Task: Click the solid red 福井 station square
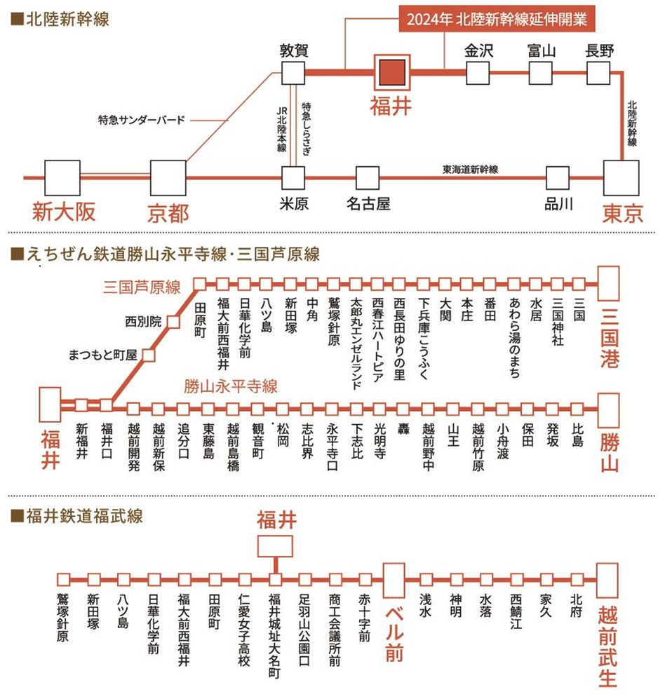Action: click(x=390, y=72)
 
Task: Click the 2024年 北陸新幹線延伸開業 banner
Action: click(x=497, y=20)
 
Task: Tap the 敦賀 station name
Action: click(x=293, y=50)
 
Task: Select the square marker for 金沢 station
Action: click(x=478, y=72)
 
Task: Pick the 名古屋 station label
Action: click(x=368, y=205)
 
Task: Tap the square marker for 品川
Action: click(x=558, y=177)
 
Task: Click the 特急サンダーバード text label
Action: click(x=141, y=120)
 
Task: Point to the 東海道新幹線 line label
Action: click(x=469, y=169)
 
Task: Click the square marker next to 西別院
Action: click(x=174, y=322)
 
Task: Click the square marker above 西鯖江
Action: click(x=517, y=580)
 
